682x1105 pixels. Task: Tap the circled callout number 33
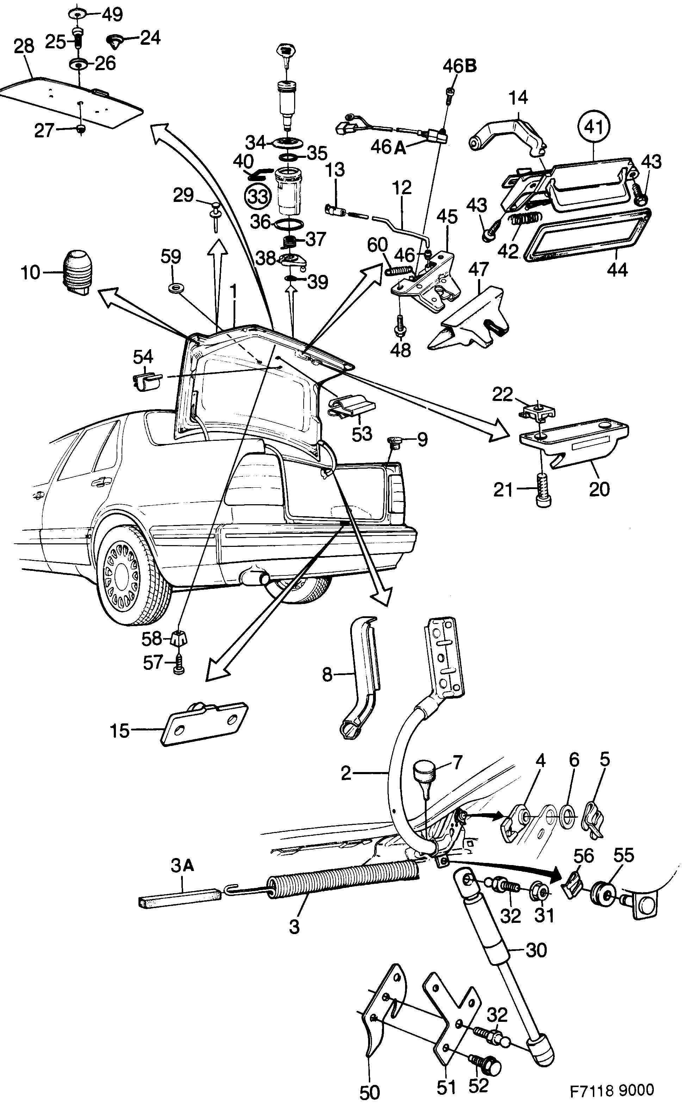click(x=258, y=197)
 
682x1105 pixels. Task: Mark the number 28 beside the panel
click(x=24, y=47)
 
